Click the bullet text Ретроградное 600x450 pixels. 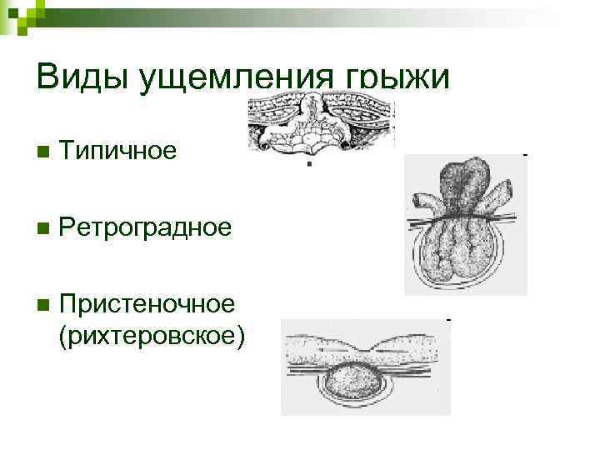click(146, 227)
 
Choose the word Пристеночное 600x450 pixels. click(147, 302)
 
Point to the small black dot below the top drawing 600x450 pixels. click(310, 164)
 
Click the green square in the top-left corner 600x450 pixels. click(13, 13)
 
